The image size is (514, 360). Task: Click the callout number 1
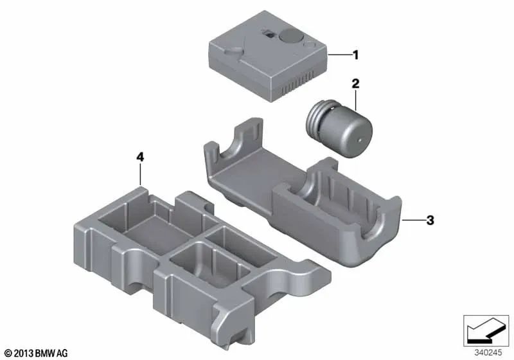click(x=355, y=55)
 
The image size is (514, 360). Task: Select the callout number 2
click(x=354, y=83)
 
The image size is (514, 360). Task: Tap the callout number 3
click(x=430, y=221)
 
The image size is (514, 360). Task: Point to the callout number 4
click(x=141, y=156)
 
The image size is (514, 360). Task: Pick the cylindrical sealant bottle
click(x=338, y=125)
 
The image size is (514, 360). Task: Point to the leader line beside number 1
click(x=338, y=55)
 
